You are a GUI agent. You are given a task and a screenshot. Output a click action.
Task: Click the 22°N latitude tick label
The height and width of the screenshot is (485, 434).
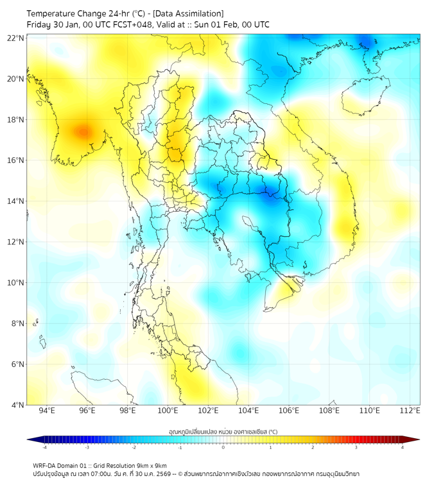tap(16, 38)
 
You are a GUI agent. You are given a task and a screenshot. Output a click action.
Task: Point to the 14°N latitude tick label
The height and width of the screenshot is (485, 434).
tap(16, 201)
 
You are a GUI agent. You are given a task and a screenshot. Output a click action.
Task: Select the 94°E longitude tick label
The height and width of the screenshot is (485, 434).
tap(47, 411)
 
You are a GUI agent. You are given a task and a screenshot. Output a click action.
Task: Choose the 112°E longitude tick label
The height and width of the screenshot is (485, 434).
tap(410, 411)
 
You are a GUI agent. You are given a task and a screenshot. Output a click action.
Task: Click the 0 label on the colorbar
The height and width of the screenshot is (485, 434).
tap(223, 447)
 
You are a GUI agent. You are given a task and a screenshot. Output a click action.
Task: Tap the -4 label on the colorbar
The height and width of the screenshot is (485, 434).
tap(44, 447)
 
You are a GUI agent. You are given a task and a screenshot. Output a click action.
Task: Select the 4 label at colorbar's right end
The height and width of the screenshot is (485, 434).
tap(402, 447)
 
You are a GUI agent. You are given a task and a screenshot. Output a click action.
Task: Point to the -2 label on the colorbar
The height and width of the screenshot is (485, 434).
tap(133, 447)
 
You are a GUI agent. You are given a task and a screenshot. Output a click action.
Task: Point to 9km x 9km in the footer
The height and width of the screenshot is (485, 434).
tap(148, 465)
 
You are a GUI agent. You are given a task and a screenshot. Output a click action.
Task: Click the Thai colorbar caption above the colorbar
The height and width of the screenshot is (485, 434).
tap(223, 432)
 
